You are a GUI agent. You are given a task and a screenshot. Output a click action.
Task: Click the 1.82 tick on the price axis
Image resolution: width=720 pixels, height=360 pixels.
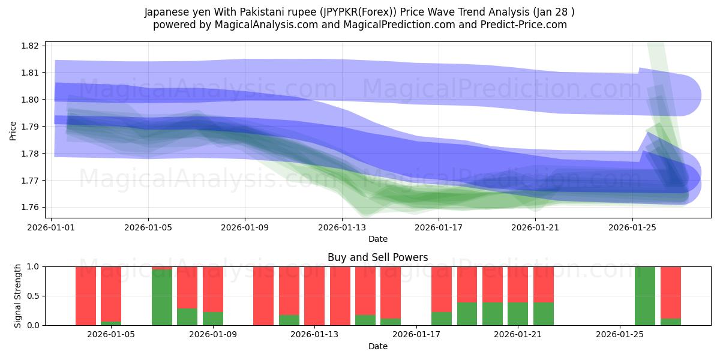[30, 46]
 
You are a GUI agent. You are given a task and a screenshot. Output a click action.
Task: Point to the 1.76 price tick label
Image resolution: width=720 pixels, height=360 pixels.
[30, 208]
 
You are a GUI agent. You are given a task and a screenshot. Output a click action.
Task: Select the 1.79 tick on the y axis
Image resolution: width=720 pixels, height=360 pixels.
[30, 127]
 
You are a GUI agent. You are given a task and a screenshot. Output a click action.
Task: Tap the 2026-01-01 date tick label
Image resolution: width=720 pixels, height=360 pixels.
[52, 227]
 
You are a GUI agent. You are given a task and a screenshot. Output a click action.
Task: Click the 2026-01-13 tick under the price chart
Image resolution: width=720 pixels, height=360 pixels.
[342, 227]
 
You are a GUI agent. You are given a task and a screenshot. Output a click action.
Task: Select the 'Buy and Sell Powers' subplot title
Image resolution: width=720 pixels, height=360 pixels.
[377, 257]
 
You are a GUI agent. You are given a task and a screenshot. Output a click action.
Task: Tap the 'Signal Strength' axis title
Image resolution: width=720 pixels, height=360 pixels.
[18, 296]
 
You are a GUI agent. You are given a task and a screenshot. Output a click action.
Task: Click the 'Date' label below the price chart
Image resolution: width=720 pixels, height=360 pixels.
[377, 239]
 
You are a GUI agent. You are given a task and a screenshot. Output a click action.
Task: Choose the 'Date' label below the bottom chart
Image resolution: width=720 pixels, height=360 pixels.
[377, 346]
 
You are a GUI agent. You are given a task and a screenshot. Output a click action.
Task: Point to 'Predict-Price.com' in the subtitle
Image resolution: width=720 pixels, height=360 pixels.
[526, 25]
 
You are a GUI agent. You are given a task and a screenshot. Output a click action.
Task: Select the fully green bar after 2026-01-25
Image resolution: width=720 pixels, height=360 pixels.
[645, 296]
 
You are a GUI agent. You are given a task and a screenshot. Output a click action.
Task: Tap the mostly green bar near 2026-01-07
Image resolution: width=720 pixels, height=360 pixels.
[162, 298]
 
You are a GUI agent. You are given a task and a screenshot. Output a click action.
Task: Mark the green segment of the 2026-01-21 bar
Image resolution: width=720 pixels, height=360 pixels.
[518, 314]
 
